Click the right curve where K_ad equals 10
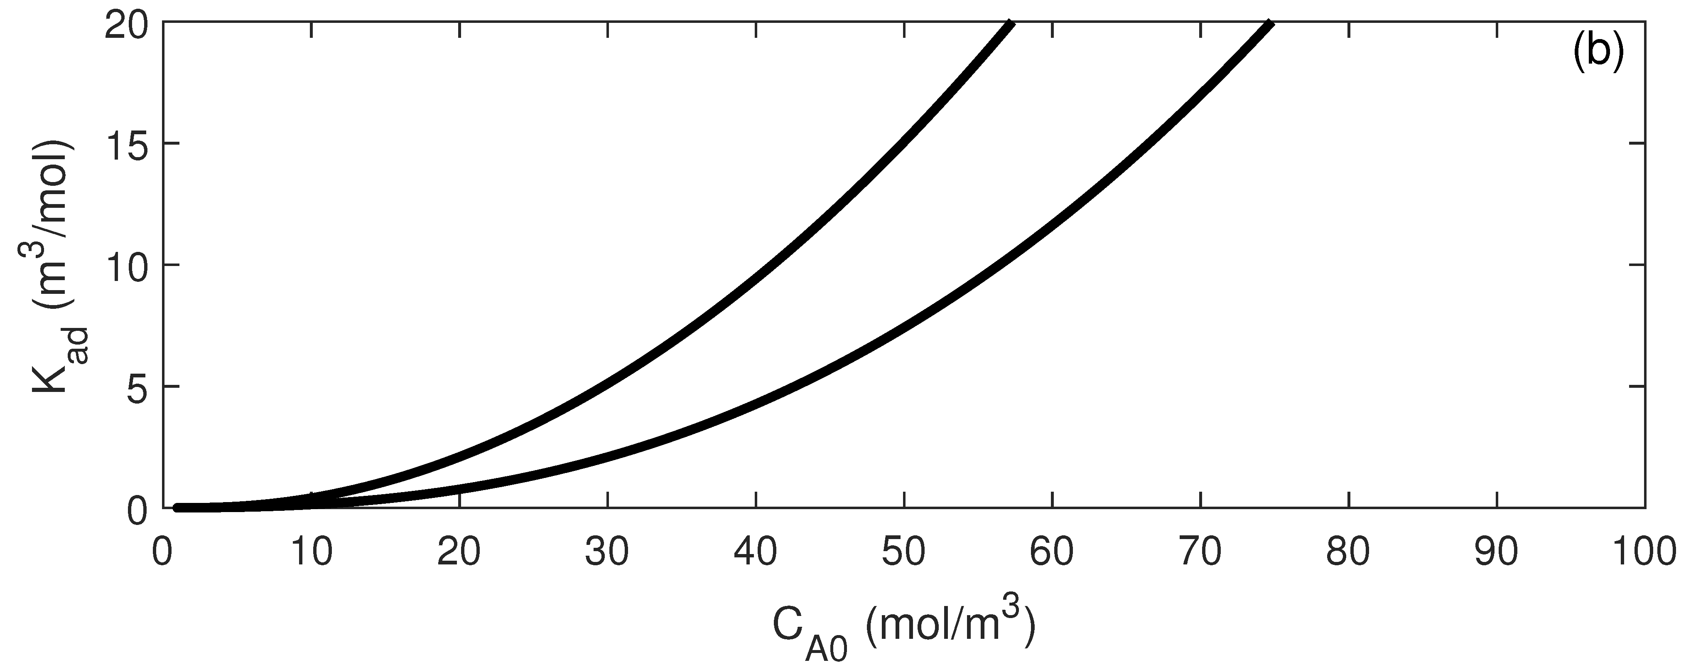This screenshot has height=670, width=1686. pos(1001,265)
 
